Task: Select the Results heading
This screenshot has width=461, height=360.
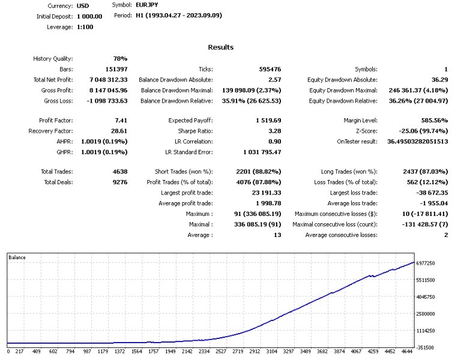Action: (221, 47)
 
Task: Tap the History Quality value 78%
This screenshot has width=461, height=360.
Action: (121, 58)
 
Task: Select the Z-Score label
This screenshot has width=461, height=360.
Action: (366, 130)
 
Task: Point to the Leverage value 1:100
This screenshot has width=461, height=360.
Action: (85, 27)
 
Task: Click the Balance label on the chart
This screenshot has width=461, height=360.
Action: (17, 257)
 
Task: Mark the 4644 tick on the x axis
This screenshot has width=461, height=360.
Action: (408, 352)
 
